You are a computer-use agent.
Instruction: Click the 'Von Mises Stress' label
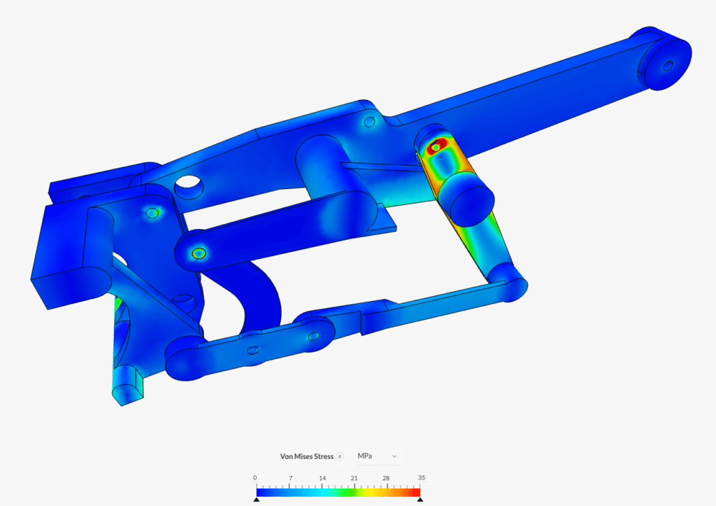point(307,456)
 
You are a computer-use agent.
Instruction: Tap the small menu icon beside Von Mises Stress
point(340,456)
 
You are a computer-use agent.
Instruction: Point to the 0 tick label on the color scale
point(255,478)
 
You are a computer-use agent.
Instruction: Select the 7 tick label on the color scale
point(289,478)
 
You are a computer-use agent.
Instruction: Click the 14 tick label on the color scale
point(322,478)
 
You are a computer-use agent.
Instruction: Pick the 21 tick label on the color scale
point(355,478)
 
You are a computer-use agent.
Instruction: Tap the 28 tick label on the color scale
point(387,478)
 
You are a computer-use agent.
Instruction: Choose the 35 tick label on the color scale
point(420,478)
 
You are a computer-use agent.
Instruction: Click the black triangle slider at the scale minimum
point(256,500)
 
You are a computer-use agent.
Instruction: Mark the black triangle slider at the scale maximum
point(420,500)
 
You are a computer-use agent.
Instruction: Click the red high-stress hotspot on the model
point(436,147)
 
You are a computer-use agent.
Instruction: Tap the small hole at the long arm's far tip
point(668,66)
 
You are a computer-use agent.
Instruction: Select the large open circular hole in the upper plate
point(187,186)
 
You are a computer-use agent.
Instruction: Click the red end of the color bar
point(413,492)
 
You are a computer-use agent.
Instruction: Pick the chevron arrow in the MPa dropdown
point(394,456)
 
